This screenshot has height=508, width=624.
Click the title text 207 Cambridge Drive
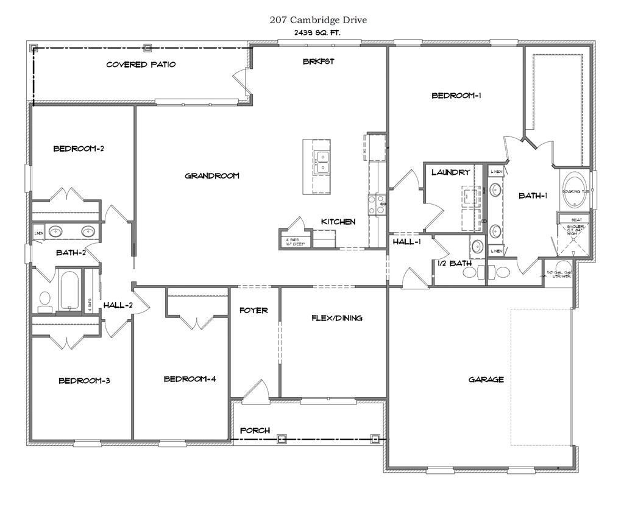318,19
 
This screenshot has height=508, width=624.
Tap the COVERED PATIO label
141,64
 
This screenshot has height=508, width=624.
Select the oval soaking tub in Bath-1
574,190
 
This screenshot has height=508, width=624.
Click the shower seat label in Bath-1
576,219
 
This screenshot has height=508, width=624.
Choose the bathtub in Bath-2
68,291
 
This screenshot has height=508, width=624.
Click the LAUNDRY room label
450,172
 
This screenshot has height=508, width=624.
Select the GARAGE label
486,379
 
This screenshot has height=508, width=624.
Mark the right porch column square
375,438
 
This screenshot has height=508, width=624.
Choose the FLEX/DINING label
336,318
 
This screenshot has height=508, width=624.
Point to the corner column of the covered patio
34,48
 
